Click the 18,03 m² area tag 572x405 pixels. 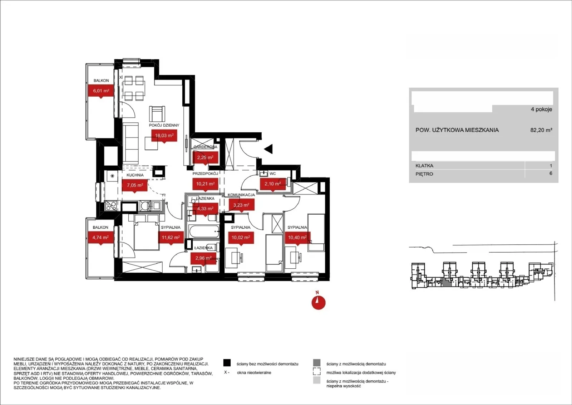click(164, 136)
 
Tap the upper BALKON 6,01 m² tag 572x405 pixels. click(101, 91)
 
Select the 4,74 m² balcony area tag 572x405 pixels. click(100, 238)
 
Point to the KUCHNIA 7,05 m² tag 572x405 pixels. click(135, 185)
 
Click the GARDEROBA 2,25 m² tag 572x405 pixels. click(205, 158)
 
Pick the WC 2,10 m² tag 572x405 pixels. click(273, 184)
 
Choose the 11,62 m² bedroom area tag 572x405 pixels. click(171, 238)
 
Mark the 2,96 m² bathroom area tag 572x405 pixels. click(203, 258)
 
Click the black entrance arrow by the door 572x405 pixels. click(268, 149)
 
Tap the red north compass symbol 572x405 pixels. click(319, 303)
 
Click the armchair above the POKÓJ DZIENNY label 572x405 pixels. click(157, 114)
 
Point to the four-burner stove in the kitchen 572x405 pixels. click(111, 206)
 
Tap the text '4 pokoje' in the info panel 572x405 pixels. click(541, 109)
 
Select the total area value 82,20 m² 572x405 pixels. click(541, 130)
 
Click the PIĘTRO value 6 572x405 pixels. click(551, 174)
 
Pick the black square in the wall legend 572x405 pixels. click(227, 363)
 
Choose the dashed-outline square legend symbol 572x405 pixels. click(317, 371)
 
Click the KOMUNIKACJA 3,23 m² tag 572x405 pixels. click(241, 205)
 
